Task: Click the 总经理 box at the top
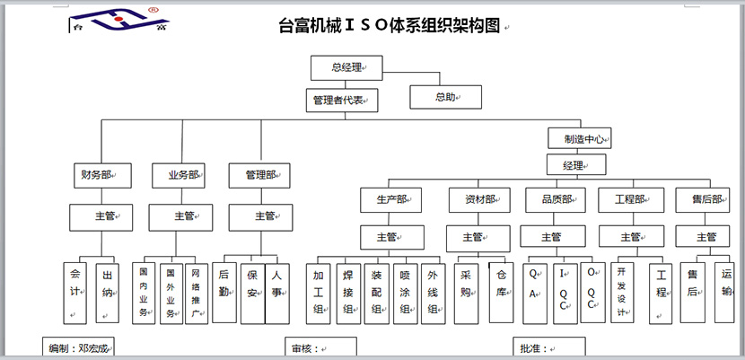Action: point(346,67)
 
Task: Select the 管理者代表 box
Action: point(341,100)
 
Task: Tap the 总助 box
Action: point(445,97)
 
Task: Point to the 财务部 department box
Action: point(102,174)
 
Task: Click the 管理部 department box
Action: point(260,174)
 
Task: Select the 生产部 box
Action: point(393,199)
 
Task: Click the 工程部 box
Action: point(630,199)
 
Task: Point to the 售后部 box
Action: point(706,199)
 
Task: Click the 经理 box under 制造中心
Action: point(575,165)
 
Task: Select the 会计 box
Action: point(74,291)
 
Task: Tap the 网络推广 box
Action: point(195,293)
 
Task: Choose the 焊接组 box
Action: point(347,293)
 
